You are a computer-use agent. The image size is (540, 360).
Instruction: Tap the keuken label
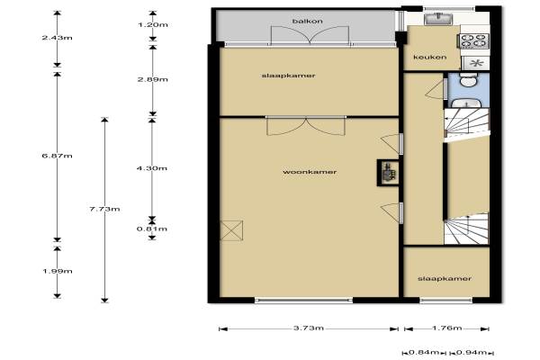click(x=430, y=57)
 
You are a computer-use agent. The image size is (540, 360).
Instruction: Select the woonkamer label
click(x=310, y=172)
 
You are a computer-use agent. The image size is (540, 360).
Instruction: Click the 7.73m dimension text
click(x=104, y=209)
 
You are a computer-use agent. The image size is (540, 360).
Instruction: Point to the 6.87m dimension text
click(x=58, y=156)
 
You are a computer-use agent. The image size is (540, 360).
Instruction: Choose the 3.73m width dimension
click(x=309, y=328)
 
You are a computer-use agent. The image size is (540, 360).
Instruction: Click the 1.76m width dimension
click(x=446, y=328)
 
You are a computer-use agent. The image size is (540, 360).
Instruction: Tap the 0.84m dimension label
click(x=424, y=353)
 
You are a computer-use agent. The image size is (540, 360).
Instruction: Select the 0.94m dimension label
click(x=472, y=353)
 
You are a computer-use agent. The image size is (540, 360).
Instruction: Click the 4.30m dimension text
click(x=152, y=168)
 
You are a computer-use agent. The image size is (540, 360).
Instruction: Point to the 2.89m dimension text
click(x=153, y=79)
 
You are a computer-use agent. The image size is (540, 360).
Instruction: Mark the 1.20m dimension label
click(x=153, y=25)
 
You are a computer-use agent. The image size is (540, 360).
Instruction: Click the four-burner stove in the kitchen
click(x=475, y=41)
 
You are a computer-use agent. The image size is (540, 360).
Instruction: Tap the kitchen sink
click(x=438, y=18)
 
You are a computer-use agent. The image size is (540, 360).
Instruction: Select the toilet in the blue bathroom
click(x=468, y=80)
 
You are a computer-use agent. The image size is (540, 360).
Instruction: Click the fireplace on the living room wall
click(x=389, y=173)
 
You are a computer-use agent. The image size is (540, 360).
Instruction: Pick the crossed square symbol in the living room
click(x=231, y=230)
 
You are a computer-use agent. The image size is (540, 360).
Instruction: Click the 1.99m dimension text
click(x=58, y=271)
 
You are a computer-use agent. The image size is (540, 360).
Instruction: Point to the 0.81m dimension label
click(x=152, y=229)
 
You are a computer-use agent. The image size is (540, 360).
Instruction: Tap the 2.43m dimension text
click(x=58, y=37)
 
